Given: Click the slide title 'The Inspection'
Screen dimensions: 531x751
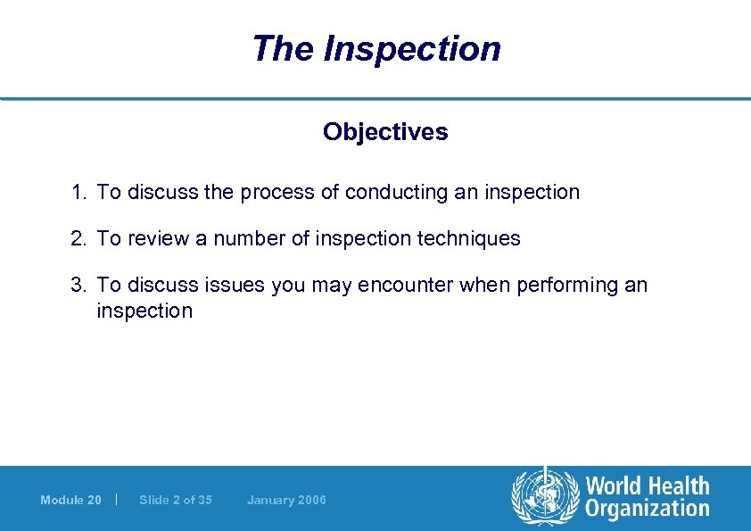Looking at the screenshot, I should point(375,48).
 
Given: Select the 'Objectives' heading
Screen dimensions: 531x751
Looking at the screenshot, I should point(385,132).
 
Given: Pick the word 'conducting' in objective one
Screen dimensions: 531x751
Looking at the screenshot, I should point(392,193).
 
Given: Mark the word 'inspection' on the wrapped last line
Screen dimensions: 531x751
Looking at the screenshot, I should point(144,311).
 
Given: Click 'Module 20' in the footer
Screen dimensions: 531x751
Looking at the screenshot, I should point(70,500).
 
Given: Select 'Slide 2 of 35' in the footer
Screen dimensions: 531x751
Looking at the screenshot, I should point(176,500).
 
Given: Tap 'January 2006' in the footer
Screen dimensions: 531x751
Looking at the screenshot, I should point(286,500).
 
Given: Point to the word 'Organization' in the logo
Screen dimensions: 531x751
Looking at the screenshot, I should point(648,510).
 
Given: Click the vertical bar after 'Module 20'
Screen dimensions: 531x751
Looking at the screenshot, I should point(118,499).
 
